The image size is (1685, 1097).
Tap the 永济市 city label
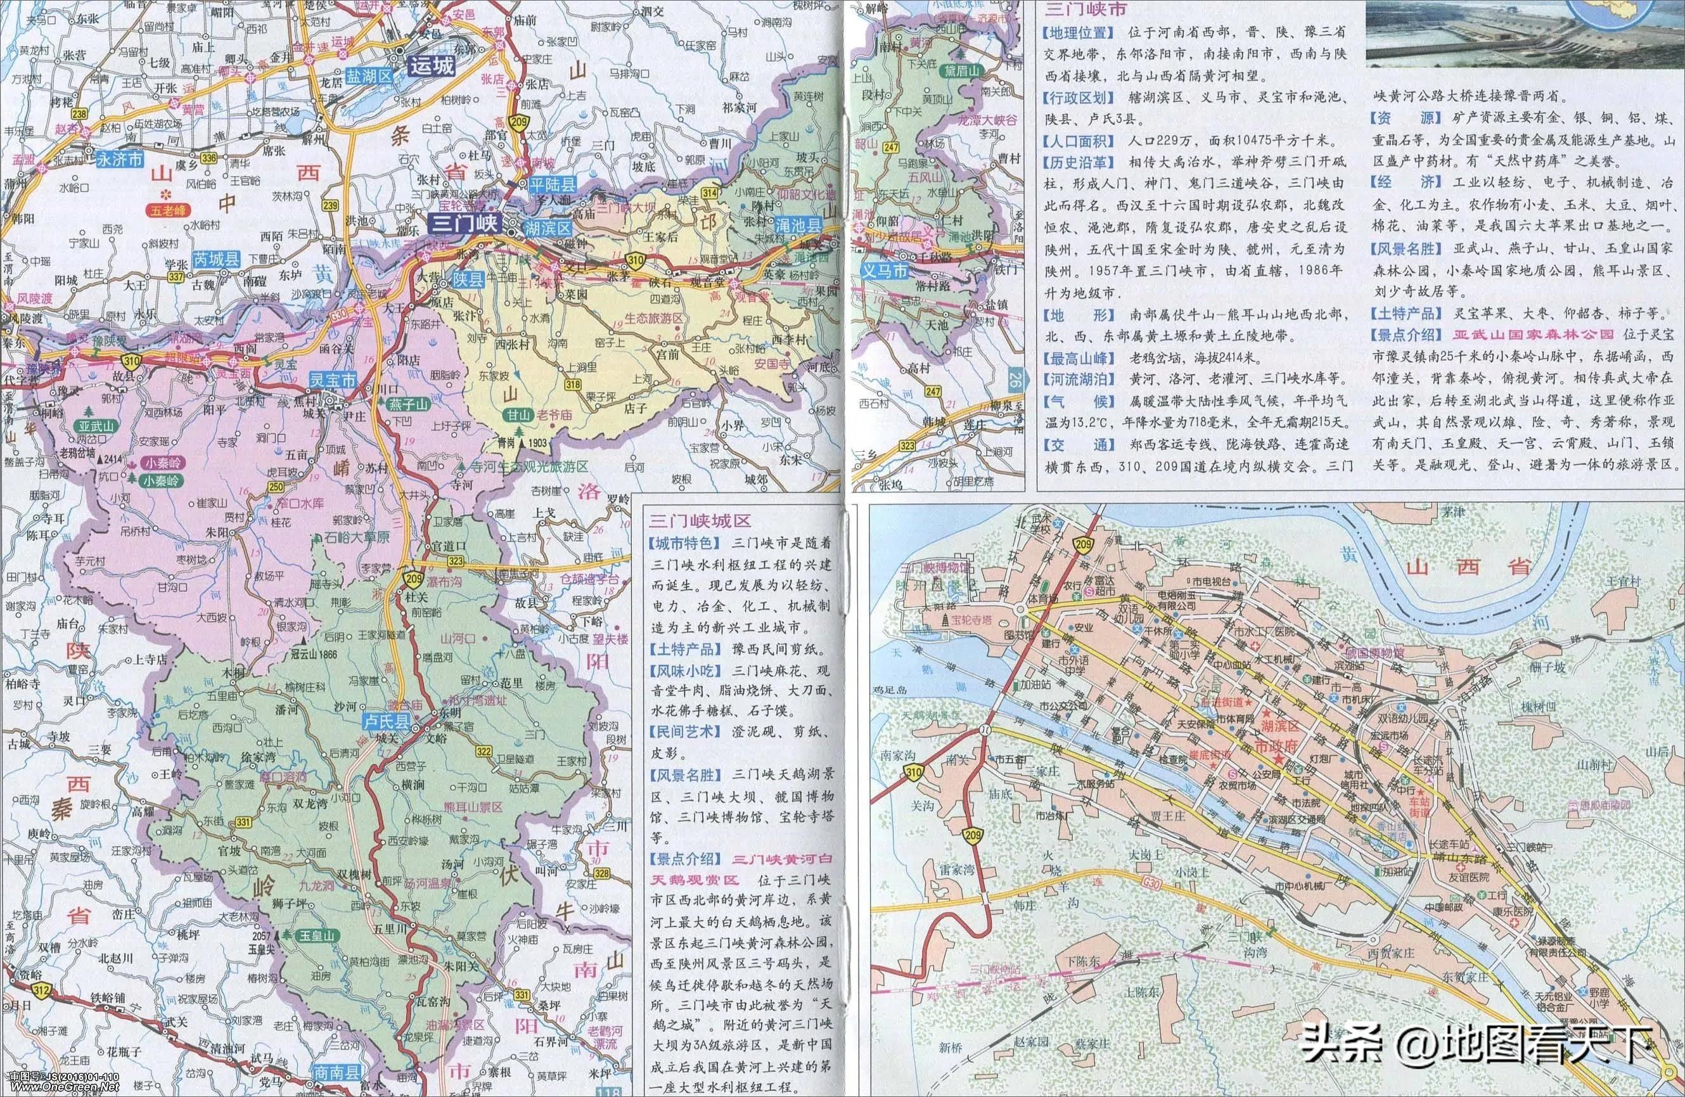coord(120,159)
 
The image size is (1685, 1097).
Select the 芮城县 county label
coord(217,259)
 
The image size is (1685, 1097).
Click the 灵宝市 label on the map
coord(333,380)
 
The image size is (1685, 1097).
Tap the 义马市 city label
coord(884,271)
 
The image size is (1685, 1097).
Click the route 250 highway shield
coord(276,487)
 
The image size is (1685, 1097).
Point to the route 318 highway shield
coord(573,385)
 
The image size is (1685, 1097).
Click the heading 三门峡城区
coord(700,521)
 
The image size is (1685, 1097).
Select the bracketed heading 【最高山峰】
coord(1076,357)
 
